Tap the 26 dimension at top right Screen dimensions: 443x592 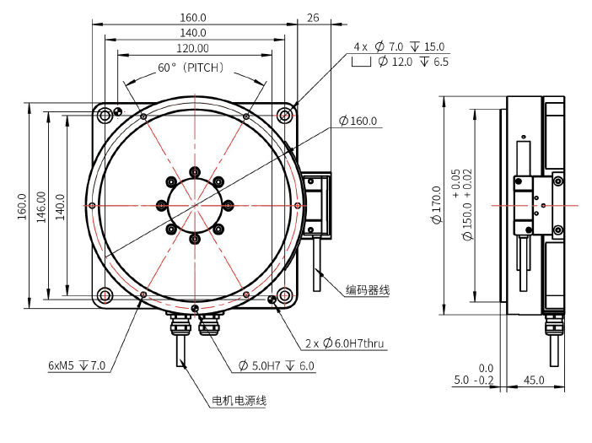314,17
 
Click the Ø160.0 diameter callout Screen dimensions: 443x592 358,122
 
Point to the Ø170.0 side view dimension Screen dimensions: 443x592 436,205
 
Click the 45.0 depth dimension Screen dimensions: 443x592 533,381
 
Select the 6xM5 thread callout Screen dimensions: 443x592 77,365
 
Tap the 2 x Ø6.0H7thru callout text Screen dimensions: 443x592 345,343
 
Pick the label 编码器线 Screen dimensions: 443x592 367,289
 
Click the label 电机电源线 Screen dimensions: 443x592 239,400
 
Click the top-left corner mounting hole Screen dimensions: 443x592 105,115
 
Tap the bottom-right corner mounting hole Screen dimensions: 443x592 286,295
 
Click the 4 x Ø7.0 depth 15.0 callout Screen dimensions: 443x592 399,46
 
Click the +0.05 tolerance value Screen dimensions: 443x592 455,183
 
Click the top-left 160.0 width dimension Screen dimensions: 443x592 194,17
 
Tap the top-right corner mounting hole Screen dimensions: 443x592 286,115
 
